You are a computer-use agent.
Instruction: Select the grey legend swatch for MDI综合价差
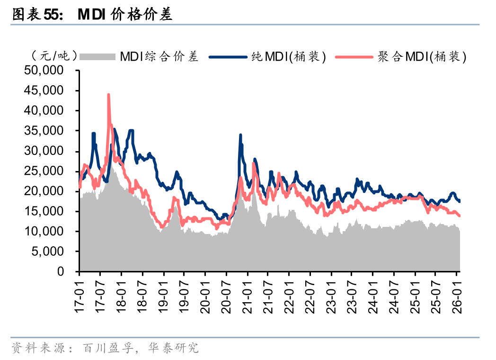(x=97, y=57)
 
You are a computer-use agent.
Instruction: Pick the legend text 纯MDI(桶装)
(x=288, y=57)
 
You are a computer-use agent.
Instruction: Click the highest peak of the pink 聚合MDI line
(x=108, y=95)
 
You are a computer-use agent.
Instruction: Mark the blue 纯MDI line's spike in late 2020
(x=240, y=135)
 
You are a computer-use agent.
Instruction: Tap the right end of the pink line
(x=460, y=216)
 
